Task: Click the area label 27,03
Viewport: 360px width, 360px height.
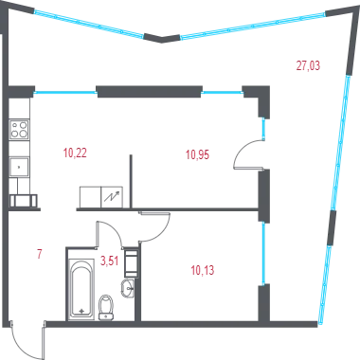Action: point(308,65)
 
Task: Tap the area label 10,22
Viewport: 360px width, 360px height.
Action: point(75,153)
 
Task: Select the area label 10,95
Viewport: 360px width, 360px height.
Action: point(197,154)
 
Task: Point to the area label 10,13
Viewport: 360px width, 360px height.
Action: point(203,270)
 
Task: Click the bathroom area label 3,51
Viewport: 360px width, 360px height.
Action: point(109,261)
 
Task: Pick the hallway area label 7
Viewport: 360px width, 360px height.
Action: point(40,254)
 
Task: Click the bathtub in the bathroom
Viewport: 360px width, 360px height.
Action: point(81,289)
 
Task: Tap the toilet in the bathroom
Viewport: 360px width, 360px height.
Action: point(106,307)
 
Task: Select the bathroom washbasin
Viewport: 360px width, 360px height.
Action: point(128,288)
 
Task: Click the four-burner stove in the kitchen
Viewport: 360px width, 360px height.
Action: point(19,130)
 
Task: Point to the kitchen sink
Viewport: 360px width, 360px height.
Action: point(19,167)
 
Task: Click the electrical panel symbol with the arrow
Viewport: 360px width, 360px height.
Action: point(112,197)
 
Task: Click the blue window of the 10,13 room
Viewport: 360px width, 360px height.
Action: point(263,254)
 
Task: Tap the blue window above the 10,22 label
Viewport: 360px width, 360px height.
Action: point(65,93)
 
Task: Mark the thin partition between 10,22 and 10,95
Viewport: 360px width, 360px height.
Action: point(131,181)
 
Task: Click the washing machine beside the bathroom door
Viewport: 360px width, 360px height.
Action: point(131,263)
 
